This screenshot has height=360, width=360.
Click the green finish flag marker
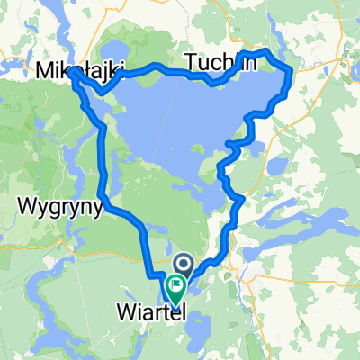(x=175, y=290)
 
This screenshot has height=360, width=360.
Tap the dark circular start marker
(x=184, y=265)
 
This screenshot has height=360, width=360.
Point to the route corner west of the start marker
(x=148, y=267)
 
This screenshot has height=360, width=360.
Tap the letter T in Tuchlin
(x=191, y=60)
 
